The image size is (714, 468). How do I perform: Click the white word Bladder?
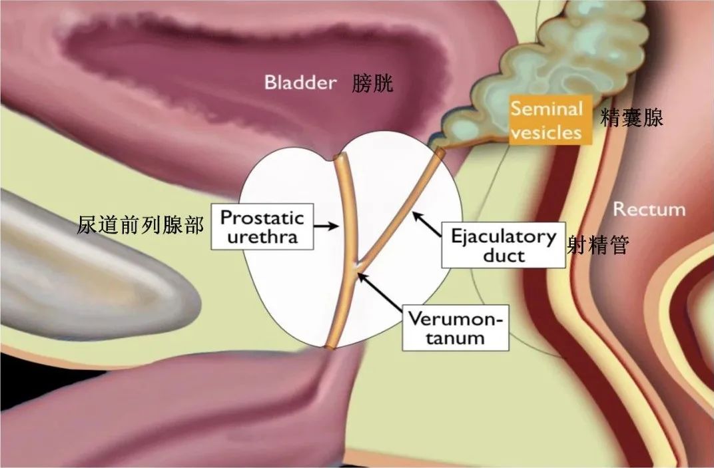[x=300, y=83]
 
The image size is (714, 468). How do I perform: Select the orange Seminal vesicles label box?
[x=550, y=120]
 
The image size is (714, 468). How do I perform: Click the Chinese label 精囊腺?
[x=632, y=118]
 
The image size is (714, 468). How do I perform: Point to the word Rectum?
[x=649, y=210]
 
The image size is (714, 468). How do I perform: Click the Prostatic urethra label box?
[x=262, y=226]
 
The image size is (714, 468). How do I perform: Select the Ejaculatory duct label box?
[x=504, y=245]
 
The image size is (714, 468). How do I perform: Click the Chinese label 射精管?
[x=598, y=245]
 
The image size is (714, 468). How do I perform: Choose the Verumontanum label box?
[x=456, y=328]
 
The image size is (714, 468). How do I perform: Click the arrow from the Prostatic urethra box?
[x=326, y=226]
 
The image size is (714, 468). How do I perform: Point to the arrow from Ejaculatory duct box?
[x=427, y=224]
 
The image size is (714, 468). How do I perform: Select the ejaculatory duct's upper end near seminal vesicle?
[x=439, y=152]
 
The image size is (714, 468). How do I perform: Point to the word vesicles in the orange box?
[x=546, y=132]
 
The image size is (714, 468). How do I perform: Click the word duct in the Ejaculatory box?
[x=504, y=256]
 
